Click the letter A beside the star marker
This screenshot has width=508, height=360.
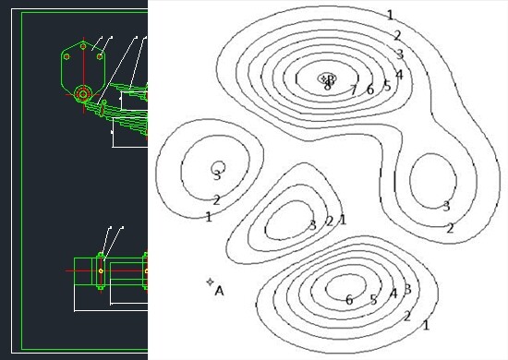click(x=219, y=291)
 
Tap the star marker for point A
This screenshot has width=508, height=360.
click(x=211, y=281)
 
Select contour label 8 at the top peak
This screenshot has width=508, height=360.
click(x=327, y=86)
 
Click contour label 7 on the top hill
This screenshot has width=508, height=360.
click(x=353, y=90)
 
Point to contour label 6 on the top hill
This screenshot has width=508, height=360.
click(x=369, y=90)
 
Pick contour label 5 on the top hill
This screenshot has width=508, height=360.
click(x=387, y=86)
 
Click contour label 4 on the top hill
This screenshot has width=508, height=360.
click(x=398, y=74)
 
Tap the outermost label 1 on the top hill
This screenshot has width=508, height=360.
click(x=390, y=15)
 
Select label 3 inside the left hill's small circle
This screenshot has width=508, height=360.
click(x=217, y=174)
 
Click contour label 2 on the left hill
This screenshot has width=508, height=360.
click(x=216, y=200)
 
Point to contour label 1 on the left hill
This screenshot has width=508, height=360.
click(x=209, y=217)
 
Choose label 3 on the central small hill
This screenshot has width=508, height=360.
click(x=313, y=224)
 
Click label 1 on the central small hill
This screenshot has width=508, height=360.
click(x=343, y=220)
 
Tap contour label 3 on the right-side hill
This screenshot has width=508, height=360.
click(x=446, y=207)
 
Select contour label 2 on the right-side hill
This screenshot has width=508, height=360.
click(x=450, y=228)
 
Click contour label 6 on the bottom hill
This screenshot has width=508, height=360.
click(x=349, y=300)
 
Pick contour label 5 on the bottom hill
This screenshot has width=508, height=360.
click(x=373, y=300)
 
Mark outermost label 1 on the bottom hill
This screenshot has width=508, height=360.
click(x=425, y=325)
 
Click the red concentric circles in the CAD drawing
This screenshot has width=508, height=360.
click(x=83, y=93)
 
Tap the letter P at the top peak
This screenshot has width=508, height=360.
click(x=332, y=79)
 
